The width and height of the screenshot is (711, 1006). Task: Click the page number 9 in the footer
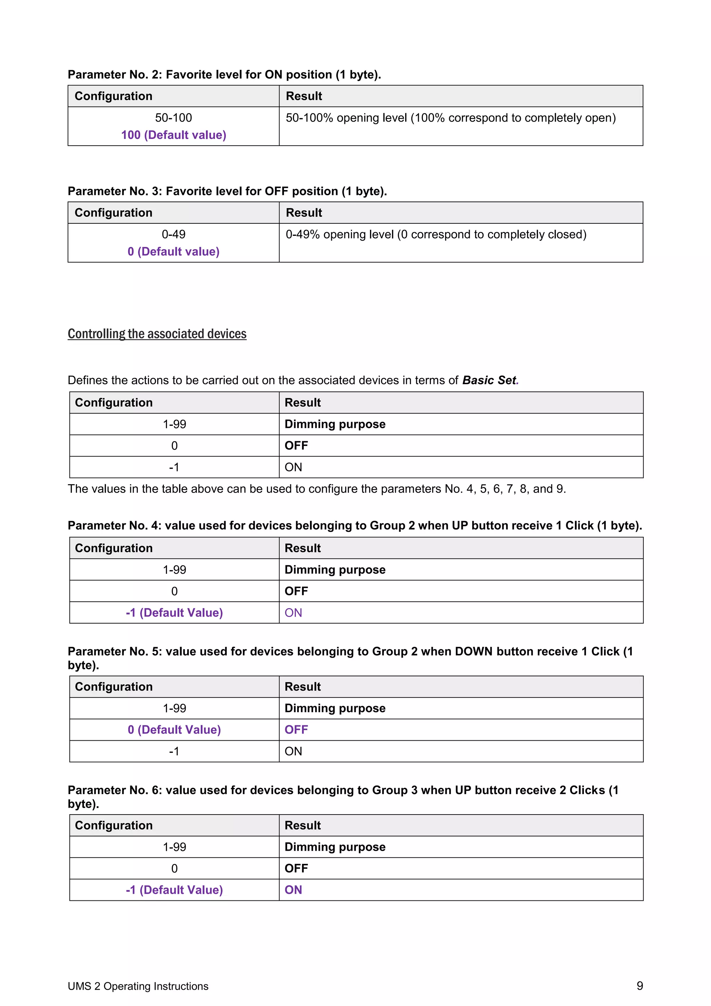coord(639,986)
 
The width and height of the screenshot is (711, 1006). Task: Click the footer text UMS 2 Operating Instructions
coord(138,986)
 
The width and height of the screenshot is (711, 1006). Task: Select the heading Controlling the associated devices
coord(157,334)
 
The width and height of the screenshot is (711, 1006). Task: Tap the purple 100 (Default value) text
coord(174,135)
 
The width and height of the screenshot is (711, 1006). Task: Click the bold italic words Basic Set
coord(489,380)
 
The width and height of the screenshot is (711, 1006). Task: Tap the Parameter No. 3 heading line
coord(227,191)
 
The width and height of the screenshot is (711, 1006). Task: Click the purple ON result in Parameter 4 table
coord(293,612)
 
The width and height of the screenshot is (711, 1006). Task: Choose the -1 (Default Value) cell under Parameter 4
coord(174,612)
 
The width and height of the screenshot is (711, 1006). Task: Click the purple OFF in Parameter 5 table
coord(296,729)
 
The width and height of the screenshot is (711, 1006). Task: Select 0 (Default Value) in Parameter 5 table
coord(174,729)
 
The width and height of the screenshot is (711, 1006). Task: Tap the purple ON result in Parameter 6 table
coord(293,890)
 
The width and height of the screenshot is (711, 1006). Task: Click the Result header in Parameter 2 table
coord(304,96)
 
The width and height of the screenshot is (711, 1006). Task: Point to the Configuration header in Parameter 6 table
coord(114,825)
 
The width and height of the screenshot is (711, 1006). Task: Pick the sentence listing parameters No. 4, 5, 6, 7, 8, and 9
coord(317,489)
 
